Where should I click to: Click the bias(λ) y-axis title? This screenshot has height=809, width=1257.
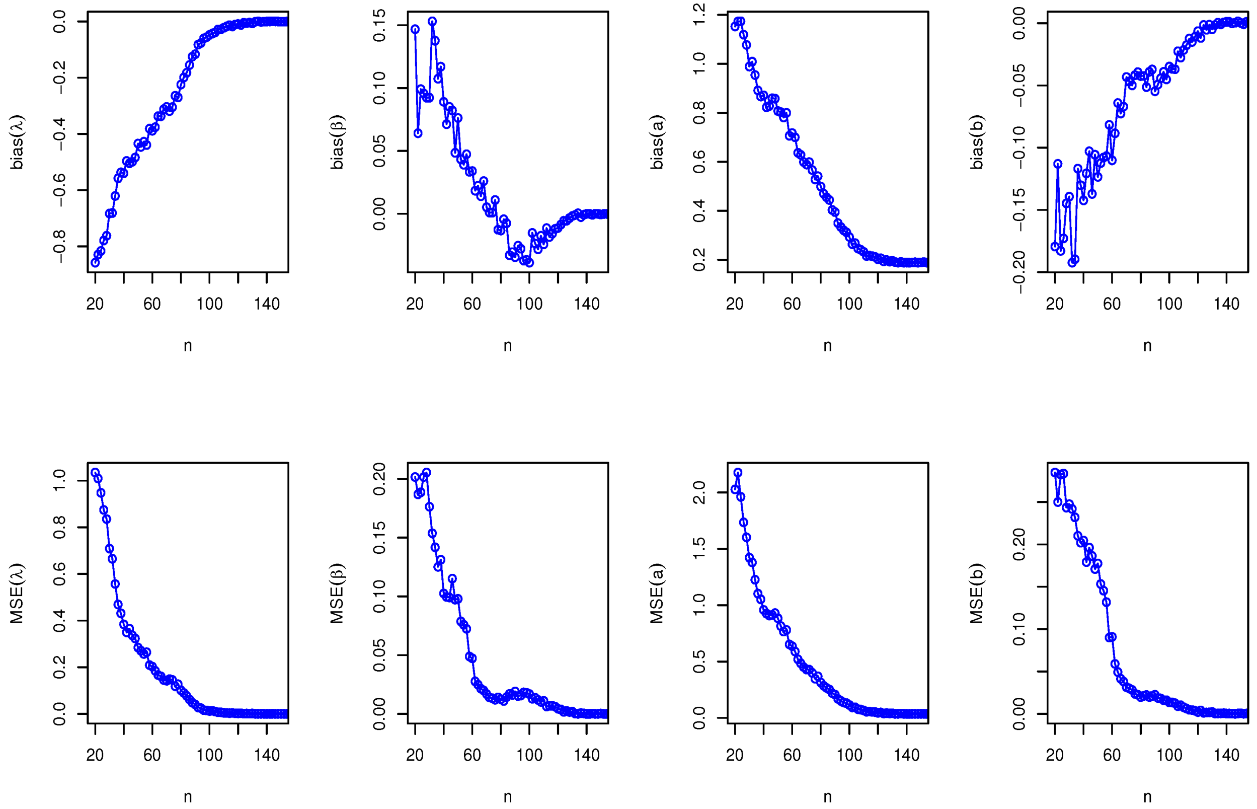(x=17, y=142)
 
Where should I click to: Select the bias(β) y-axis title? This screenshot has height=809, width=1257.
(x=337, y=142)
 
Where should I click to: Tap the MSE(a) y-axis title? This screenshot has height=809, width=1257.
(x=657, y=594)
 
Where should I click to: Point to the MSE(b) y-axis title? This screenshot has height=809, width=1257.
(x=977, y=594)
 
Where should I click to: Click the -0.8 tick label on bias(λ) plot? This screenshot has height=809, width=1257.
(x=59, y=246)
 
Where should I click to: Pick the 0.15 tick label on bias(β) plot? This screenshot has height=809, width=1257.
(x=379, y=25)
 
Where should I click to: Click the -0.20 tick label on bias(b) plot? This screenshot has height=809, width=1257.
(x=1018, y=272)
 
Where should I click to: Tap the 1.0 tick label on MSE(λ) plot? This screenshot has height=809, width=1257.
(x=59, y=481)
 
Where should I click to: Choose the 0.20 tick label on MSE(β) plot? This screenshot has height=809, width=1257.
(x=379, y=479)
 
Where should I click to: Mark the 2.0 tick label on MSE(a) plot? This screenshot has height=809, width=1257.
(x=699, y=492)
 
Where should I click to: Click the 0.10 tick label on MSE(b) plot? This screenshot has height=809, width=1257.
(x=1018, y=629)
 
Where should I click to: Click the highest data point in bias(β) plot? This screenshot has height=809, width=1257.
(x=432, y=22)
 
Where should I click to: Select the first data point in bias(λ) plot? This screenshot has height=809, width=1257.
(x=95, y=263)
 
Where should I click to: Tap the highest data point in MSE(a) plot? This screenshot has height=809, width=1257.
(x=738, y=473)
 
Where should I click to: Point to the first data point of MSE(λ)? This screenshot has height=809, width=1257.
(x=95, y=473)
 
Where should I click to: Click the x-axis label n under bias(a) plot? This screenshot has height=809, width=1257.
(x=827, y=346)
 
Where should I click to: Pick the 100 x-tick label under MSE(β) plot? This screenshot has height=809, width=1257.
(x=529, y=756)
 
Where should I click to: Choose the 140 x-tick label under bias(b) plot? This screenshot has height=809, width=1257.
(x=1226, y=304)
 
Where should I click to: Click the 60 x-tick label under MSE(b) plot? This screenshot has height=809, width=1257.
(x=1112, y=756)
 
